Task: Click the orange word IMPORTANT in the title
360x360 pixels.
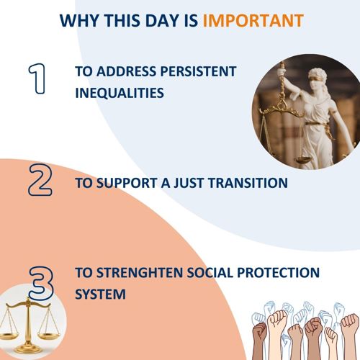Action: click(x=253, y=21)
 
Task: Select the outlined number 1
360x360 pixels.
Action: click(x=37, y=78)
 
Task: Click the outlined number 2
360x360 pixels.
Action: click(x=40, y=179)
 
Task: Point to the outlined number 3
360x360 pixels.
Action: click(x=41, y=283)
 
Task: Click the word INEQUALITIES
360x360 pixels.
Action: click(x=120, y=93)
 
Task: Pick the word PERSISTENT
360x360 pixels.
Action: click(x=199, y=71)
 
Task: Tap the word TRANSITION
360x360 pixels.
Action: click(x=248, y=183)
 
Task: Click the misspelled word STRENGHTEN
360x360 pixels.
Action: click(x=140, y=273)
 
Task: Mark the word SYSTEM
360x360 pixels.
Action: click(x=100, y=294)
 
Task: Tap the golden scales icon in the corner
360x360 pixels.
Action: click(x=30, y=325)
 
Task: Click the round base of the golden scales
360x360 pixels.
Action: click(x=28, y=348)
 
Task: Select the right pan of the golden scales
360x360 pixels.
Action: click(x=49, y=336)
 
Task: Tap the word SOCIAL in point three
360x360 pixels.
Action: click(x=210, y=273)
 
